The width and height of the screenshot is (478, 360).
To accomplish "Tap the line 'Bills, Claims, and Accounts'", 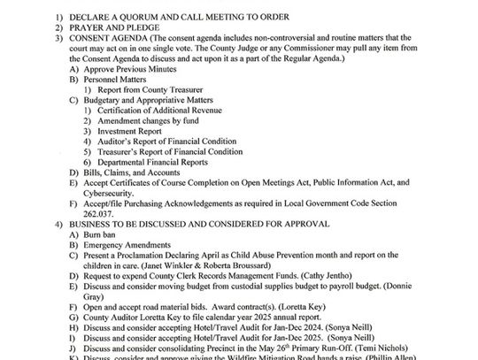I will coord(132,173).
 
